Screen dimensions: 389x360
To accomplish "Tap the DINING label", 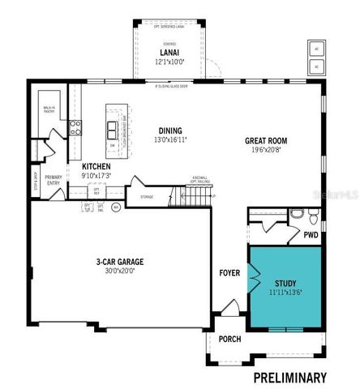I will pyautogui.click(x=171, y=130).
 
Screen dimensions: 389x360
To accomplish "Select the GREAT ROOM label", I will pyautogui.click(x=268, y=141).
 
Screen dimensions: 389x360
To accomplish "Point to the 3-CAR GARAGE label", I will pyautogui.click(x=118, y=263).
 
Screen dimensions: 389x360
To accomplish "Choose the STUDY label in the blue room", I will pyautogui.click(x=285, y=282).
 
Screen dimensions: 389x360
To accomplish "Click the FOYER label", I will pyautogui.click(x=229, y=274).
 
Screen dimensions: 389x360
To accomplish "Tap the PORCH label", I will pyautogui.click(x=229, y=339).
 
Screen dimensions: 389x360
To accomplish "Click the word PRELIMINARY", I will pyautogui.click(x=289, y=377).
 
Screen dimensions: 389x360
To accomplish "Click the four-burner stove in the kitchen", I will pyautogui.click(x=75, y=126).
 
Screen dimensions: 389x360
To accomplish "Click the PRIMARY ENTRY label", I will pyautogui.click(x=54, y=180).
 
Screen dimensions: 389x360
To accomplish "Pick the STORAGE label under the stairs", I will pyautogui.click(x=147, y=196).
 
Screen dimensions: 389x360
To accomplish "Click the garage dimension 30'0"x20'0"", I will pyautogui.click(x=118, y=272).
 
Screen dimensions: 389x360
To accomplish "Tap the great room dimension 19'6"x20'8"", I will pyautogui.click(x=268, y=151).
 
